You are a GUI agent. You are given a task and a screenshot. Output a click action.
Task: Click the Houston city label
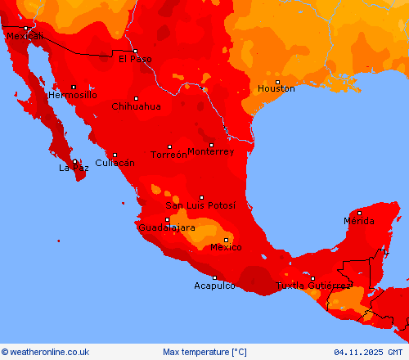[x=276, y=88]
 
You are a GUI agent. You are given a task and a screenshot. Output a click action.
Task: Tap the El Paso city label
[x=135, y=59]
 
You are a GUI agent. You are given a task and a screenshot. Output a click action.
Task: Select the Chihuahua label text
[x=136, y=106]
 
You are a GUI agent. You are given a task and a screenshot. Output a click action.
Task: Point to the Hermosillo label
[x=73, y=95]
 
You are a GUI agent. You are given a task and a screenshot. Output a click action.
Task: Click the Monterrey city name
[x=210, y=151]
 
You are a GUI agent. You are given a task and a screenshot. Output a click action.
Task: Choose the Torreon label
[x=169, y=155]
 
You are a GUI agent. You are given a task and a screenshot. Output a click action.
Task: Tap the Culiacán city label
[x=115, y=163]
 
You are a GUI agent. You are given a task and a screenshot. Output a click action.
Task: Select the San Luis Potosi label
[x=200, y=205]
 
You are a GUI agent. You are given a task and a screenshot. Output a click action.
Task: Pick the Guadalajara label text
[x=167, y=227]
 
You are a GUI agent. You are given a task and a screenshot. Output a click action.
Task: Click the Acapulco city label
[x=214, y=286]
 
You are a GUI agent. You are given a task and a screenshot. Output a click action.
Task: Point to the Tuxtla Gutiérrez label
[x=313, y=286]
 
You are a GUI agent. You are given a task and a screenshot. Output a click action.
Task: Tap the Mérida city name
[x=359, y=221]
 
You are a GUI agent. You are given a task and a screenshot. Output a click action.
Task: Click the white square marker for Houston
[x=277, y=82]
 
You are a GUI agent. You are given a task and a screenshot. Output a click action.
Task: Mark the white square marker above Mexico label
[x=227, y=240]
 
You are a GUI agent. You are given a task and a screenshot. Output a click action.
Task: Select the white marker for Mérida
[x=359, y=213]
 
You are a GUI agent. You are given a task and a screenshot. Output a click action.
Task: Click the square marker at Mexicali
[x=25, y=29]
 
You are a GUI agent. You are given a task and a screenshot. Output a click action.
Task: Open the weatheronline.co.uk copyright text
[x=45, y=352]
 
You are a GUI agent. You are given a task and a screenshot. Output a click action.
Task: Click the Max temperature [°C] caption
[x=204, y=352]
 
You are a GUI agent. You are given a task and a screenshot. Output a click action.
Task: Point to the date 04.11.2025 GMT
[x=369, y=352]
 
